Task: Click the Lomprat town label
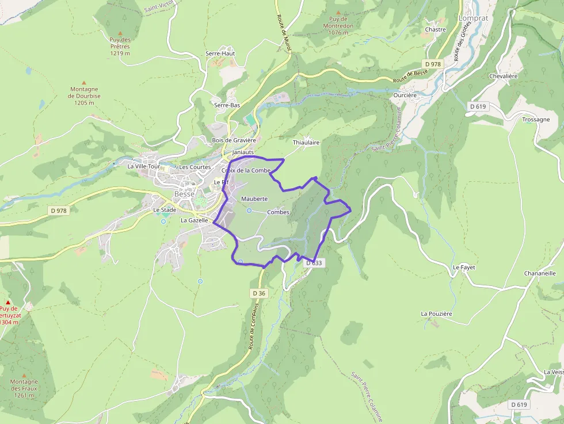click(472, 18)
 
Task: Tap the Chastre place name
click(435, 29)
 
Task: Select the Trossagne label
click(536, 120)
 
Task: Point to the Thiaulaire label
click(306, 142)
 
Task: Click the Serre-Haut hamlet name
click(220, 54)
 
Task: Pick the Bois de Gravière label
click(234, 140)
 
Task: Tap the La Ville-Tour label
click(143, 166)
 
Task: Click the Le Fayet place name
click(464, 268)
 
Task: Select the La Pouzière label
click(437, 314)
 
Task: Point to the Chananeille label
click(540, 273)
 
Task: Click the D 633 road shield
click(315, 263)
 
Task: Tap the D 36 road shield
click(259, 293)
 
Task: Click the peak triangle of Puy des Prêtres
click(120, 33)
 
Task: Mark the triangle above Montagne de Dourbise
click(84, 83)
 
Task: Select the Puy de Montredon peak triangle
click(338, 12)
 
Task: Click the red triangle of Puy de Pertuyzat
click(8, 301)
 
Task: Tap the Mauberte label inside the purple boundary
click(254, 198)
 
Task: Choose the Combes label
click(278, 212)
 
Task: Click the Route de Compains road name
click(252, 326)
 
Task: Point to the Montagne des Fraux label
click(24, 388)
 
